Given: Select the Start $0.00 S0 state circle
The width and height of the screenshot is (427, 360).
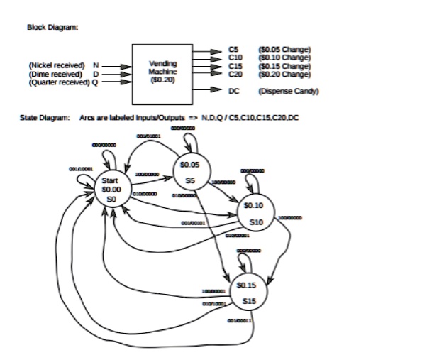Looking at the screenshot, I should point(112,189).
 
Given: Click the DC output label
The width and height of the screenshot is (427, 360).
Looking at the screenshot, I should point(234,91).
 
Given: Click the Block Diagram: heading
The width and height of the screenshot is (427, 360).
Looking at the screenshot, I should point(52,28).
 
